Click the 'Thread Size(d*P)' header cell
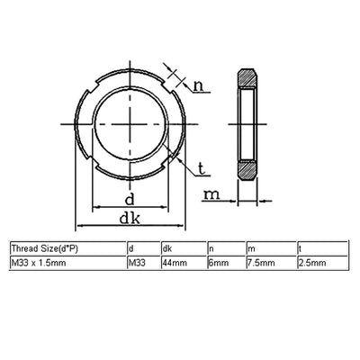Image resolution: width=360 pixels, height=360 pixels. pos(44,247)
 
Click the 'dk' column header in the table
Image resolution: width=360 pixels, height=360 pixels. pos(166,247)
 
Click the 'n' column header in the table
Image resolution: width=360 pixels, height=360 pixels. pos(211,247)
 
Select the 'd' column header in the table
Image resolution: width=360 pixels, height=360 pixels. pos(132,247)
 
